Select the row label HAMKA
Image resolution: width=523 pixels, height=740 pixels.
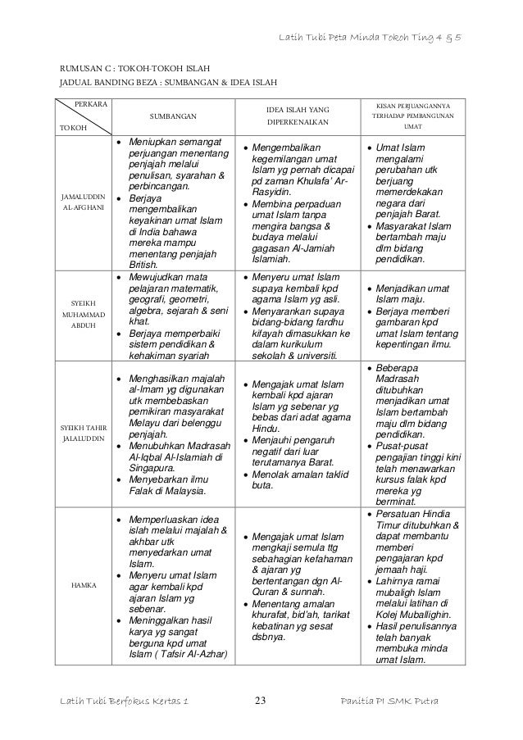tap(84, 586)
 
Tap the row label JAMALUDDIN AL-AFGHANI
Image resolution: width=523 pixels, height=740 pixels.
tap(84, 203)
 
